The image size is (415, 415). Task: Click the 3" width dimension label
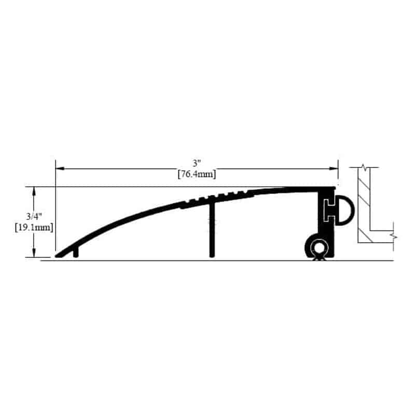pos(197,163)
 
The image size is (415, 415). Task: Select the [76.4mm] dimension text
pos(197,174)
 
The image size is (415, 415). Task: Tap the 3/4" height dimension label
pos(34,216)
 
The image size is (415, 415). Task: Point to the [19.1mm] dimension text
pos(34,227)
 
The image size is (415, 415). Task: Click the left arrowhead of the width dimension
pos(60,168)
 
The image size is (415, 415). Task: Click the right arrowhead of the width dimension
pos(334,168)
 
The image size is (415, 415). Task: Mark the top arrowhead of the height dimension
pos(34,191)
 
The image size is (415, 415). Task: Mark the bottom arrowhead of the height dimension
pos(34,253)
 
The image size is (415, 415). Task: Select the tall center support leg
pos(212,230)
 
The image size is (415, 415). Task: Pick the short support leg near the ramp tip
pos(76,252)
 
